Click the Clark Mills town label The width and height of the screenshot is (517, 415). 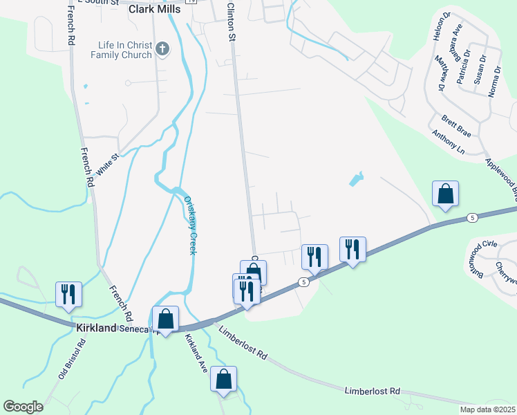tap(154, 10)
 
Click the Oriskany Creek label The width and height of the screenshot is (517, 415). tap(190, 225)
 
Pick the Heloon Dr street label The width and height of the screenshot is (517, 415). tap(437, 27)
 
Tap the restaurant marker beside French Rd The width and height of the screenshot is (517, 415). tap(68, 295)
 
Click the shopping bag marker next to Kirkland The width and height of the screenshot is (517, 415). tap(165, 319)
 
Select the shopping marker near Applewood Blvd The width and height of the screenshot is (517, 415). tap(445, 194)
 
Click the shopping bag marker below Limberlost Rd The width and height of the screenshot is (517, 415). tap(223, 379)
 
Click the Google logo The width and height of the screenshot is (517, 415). tap(23, 406)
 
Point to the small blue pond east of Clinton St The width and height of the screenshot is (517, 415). tap(355, 180)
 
